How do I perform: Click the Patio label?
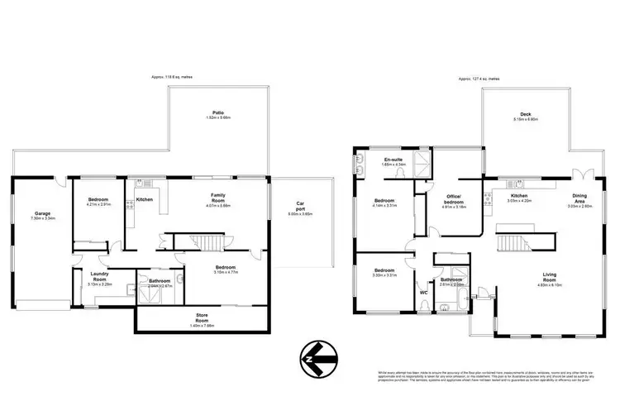point(218,112)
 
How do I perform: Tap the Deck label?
point(525,114)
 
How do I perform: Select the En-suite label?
point(392,159)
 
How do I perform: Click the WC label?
point(422,292)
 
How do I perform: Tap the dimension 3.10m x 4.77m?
point(226,273)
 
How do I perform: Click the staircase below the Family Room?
point(203,242)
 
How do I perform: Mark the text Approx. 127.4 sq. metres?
point(479,79)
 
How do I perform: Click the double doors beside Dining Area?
point(585,174)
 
